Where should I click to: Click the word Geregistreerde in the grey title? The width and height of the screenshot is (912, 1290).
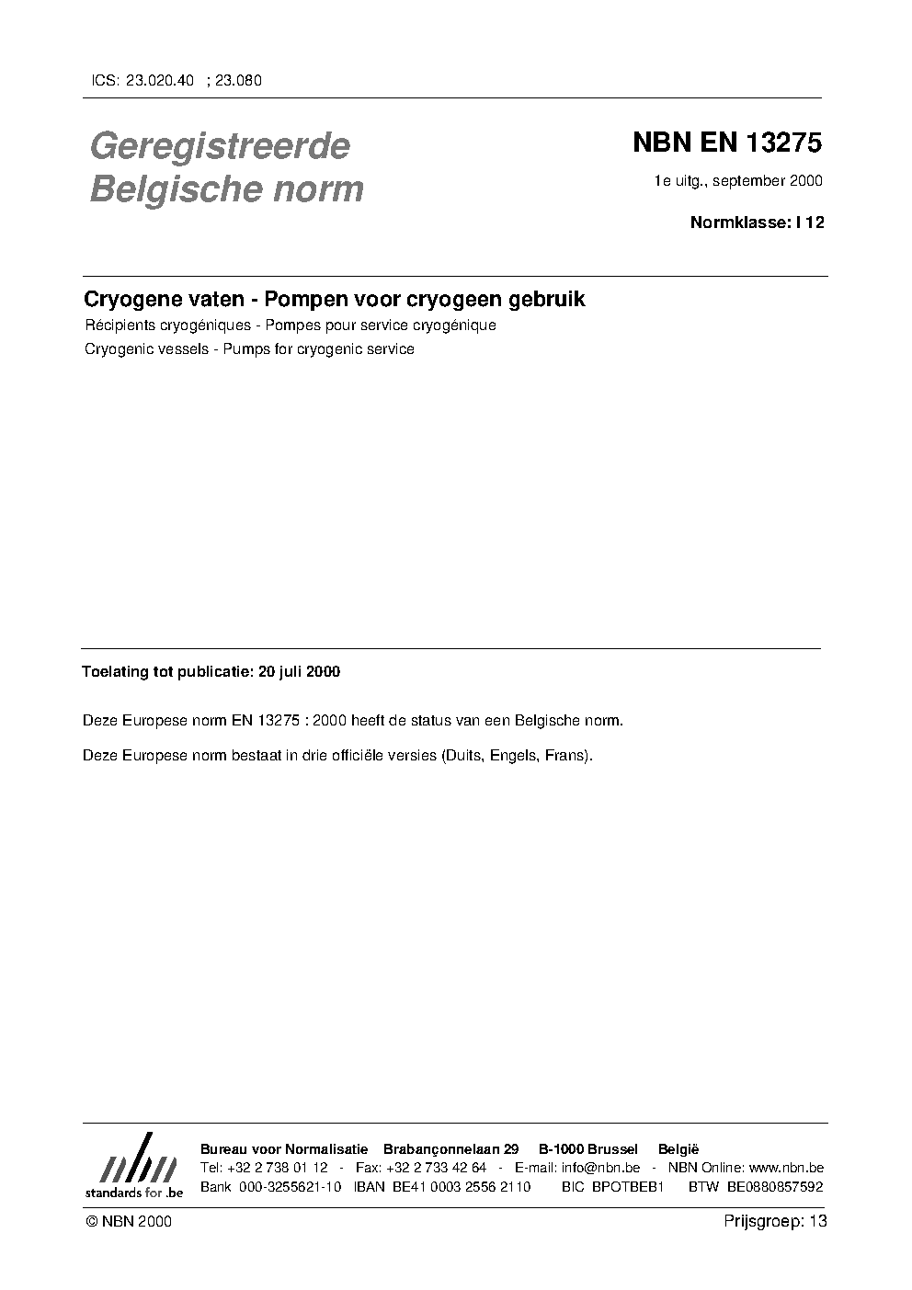coord(220,146)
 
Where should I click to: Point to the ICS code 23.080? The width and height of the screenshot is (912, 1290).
coord(238,80)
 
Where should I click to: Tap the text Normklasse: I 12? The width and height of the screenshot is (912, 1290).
coord(757,222)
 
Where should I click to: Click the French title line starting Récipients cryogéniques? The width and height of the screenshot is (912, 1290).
coord(290,325)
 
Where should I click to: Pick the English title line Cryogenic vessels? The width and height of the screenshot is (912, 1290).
coord(248,349)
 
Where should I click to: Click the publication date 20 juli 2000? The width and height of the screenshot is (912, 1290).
coord(299,672)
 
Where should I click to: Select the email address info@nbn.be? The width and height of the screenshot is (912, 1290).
coord(600,1168)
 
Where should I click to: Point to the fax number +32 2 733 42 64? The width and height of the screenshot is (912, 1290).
coord(436,1168)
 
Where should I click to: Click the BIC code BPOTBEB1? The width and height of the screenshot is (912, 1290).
coord(627,1187)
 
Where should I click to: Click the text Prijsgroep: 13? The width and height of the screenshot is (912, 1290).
coord(775,1221)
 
